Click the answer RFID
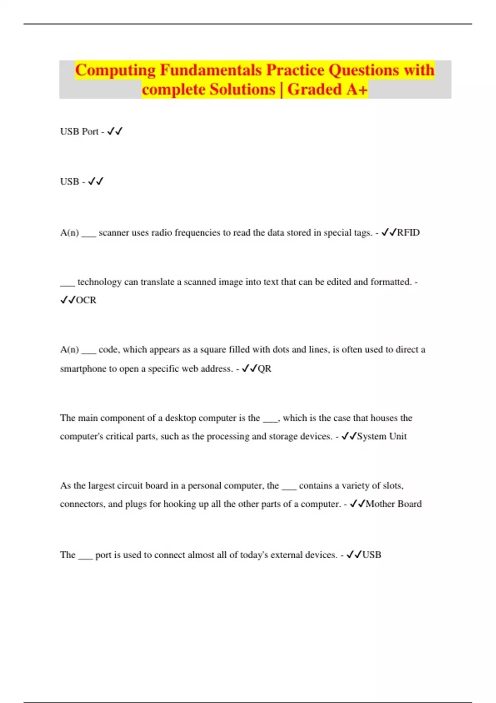point(408,232)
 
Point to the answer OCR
point(86,300)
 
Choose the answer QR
point(265,368)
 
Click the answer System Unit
point(382,436)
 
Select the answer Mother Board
point(393,504)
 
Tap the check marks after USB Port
point(115,132)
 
